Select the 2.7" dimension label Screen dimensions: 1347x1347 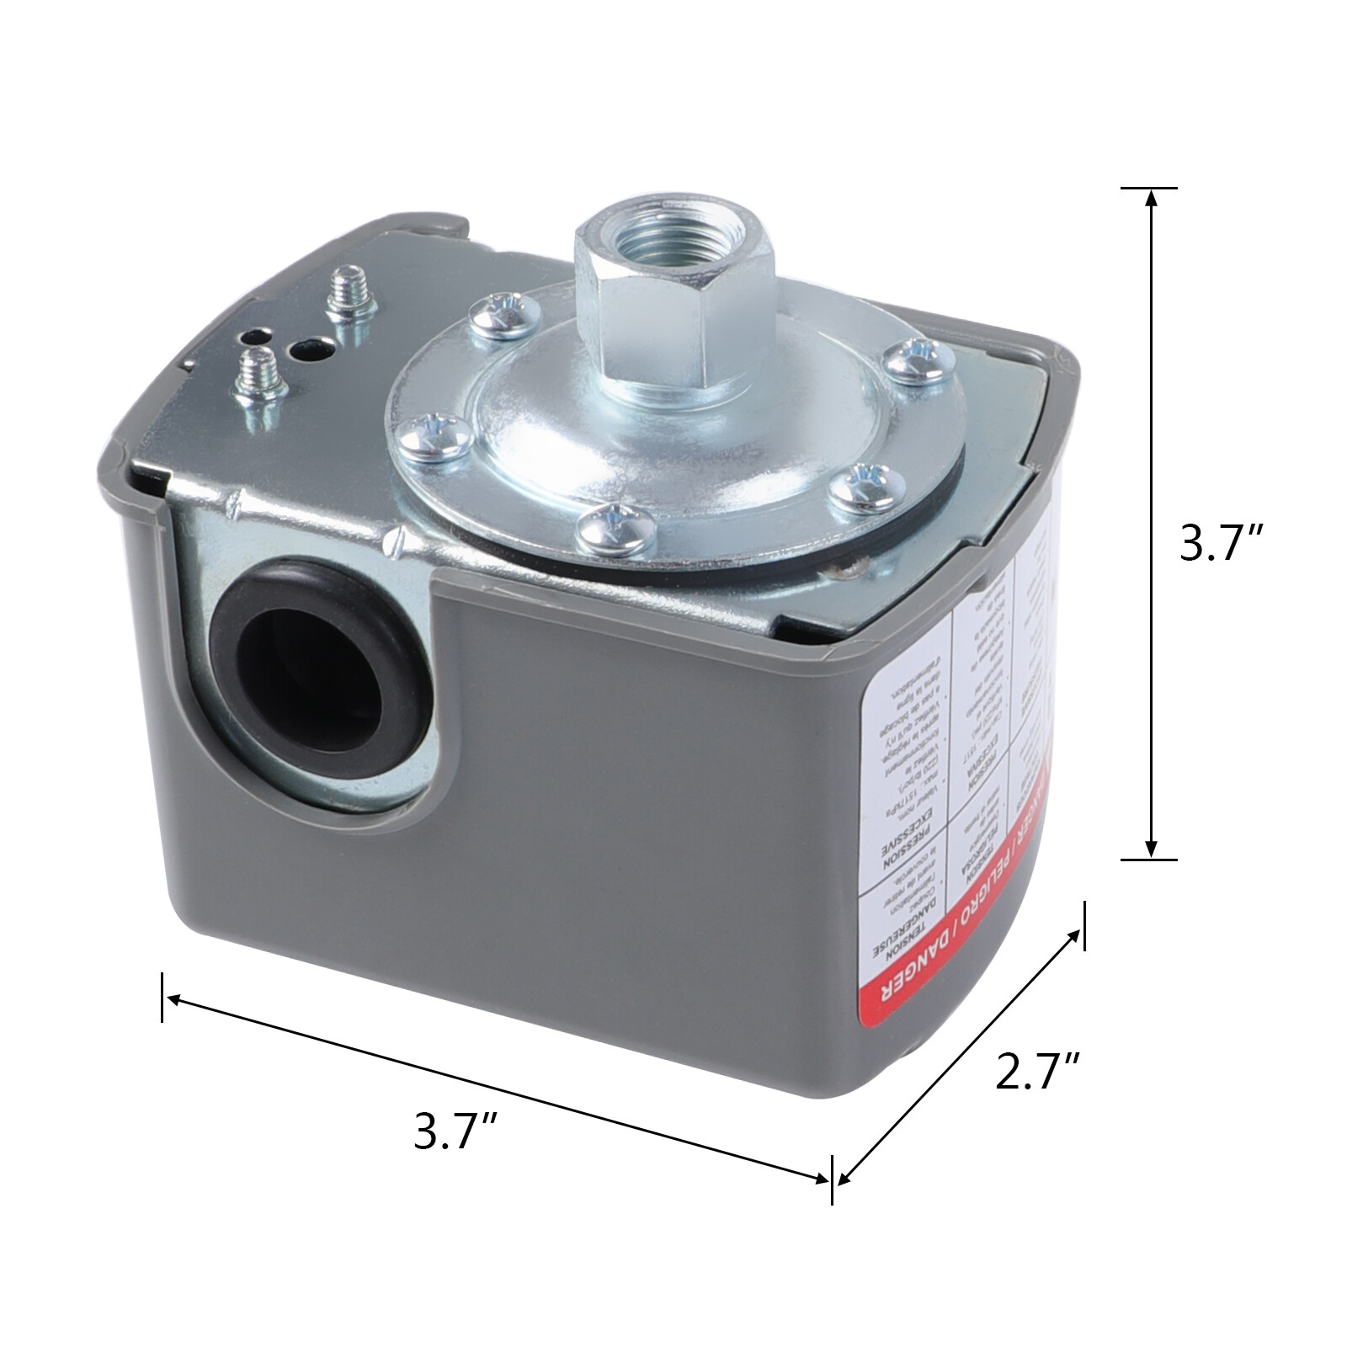pyautogui.click(x=1036, y=1070)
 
